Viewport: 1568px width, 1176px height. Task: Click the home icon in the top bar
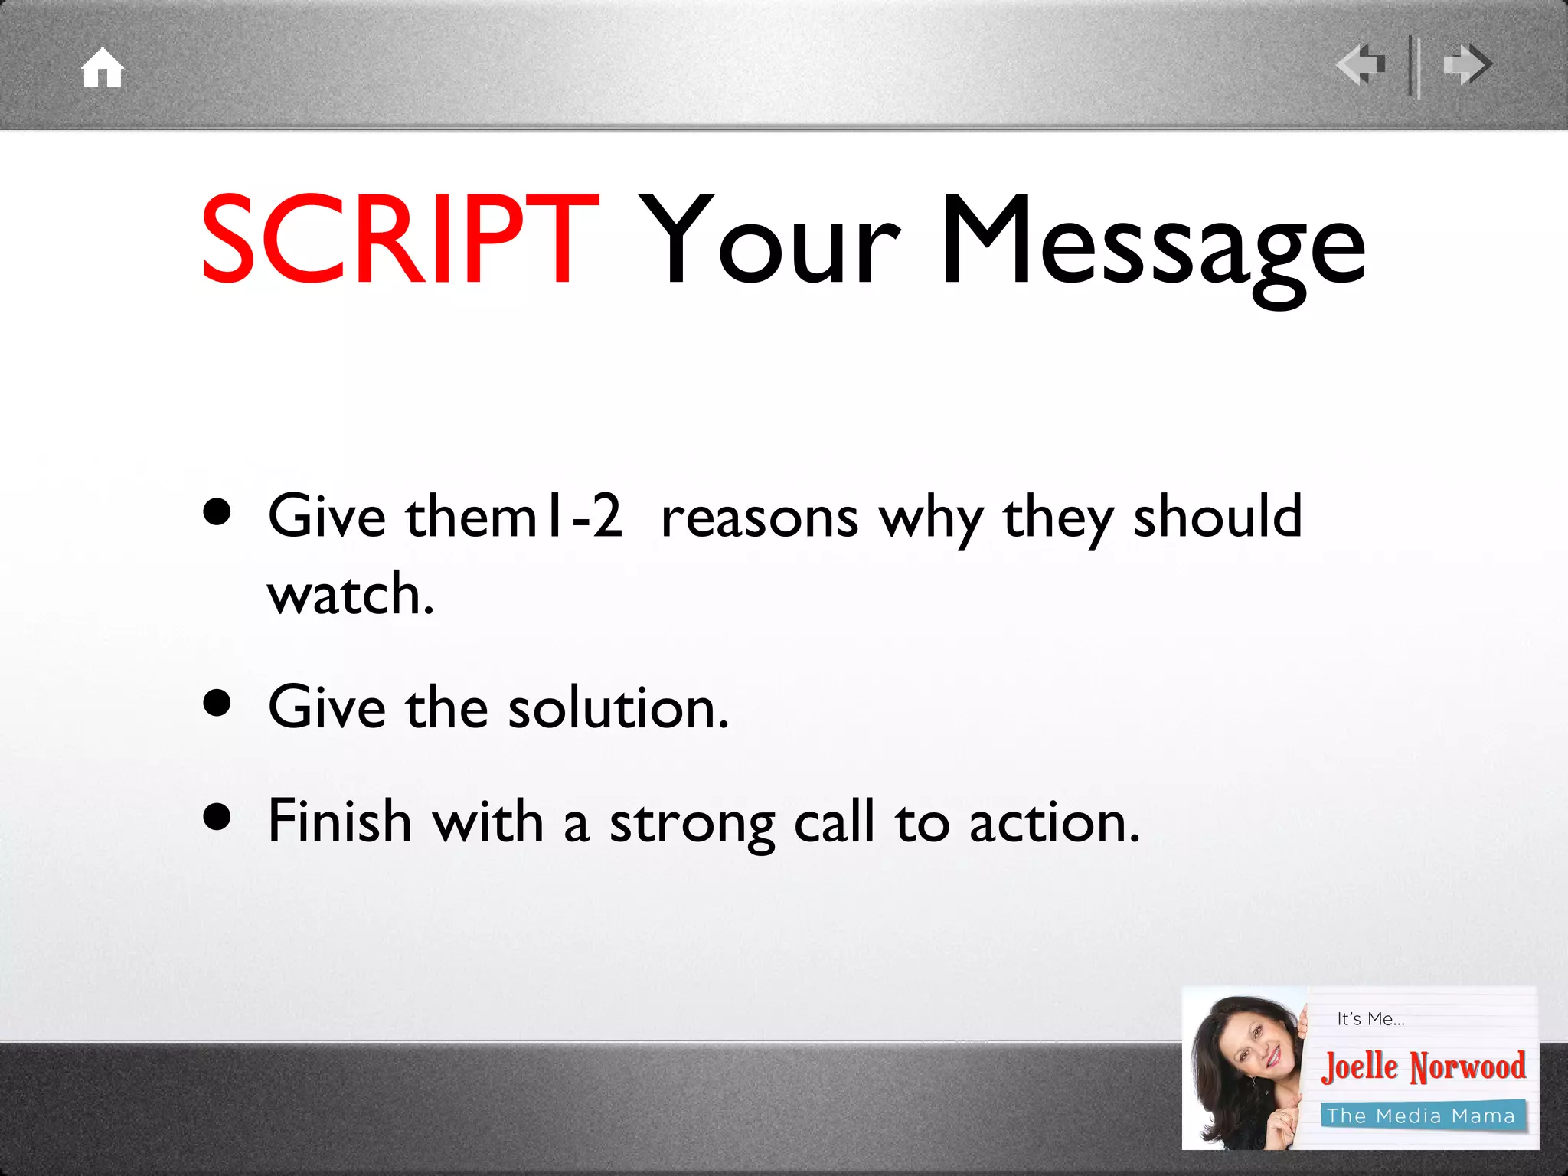click(x=103, y=68)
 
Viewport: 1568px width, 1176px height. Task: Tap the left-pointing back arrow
click(x=1361, y=65)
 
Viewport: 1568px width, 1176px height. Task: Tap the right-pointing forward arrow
click(x=1467, y=65)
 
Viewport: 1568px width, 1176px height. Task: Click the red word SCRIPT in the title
click(x=399, y=240)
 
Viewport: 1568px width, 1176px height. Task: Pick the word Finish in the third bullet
click(x=340, y=822)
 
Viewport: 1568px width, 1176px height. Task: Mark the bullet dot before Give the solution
click(x=217, y=703)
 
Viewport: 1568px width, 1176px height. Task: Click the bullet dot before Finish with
click(x=217, y=816)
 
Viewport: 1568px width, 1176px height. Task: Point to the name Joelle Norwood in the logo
click(x=1423, y=1067)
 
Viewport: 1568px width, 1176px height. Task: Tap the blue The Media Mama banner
click(x=1422, y=1116)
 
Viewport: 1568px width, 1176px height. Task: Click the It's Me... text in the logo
click(x=1370, y=1019)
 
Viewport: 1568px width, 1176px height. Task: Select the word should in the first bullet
click(x=1217, y=517)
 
